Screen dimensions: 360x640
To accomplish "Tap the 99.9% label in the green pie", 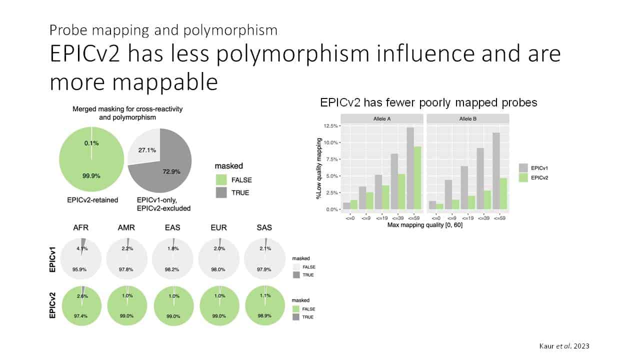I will click(x=91, y=175).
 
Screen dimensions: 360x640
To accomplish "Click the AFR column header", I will click(x=80, y=227).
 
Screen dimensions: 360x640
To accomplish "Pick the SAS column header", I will click(x=264, y=227).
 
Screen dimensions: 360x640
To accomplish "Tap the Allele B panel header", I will click(x=467, y=118).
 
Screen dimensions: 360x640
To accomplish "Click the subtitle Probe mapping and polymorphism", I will click(x=163, y=30).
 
